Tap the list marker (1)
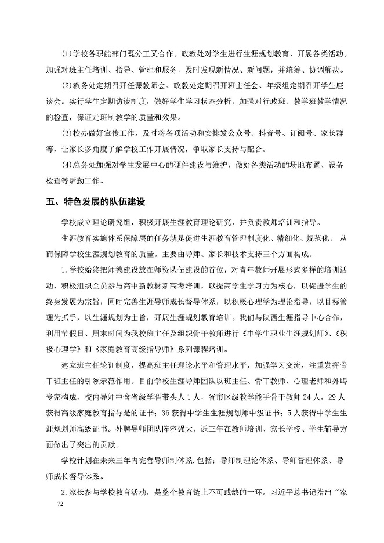[x=67, y=54]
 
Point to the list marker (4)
[x=67, y=165]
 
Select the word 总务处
[x=86, y=165]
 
